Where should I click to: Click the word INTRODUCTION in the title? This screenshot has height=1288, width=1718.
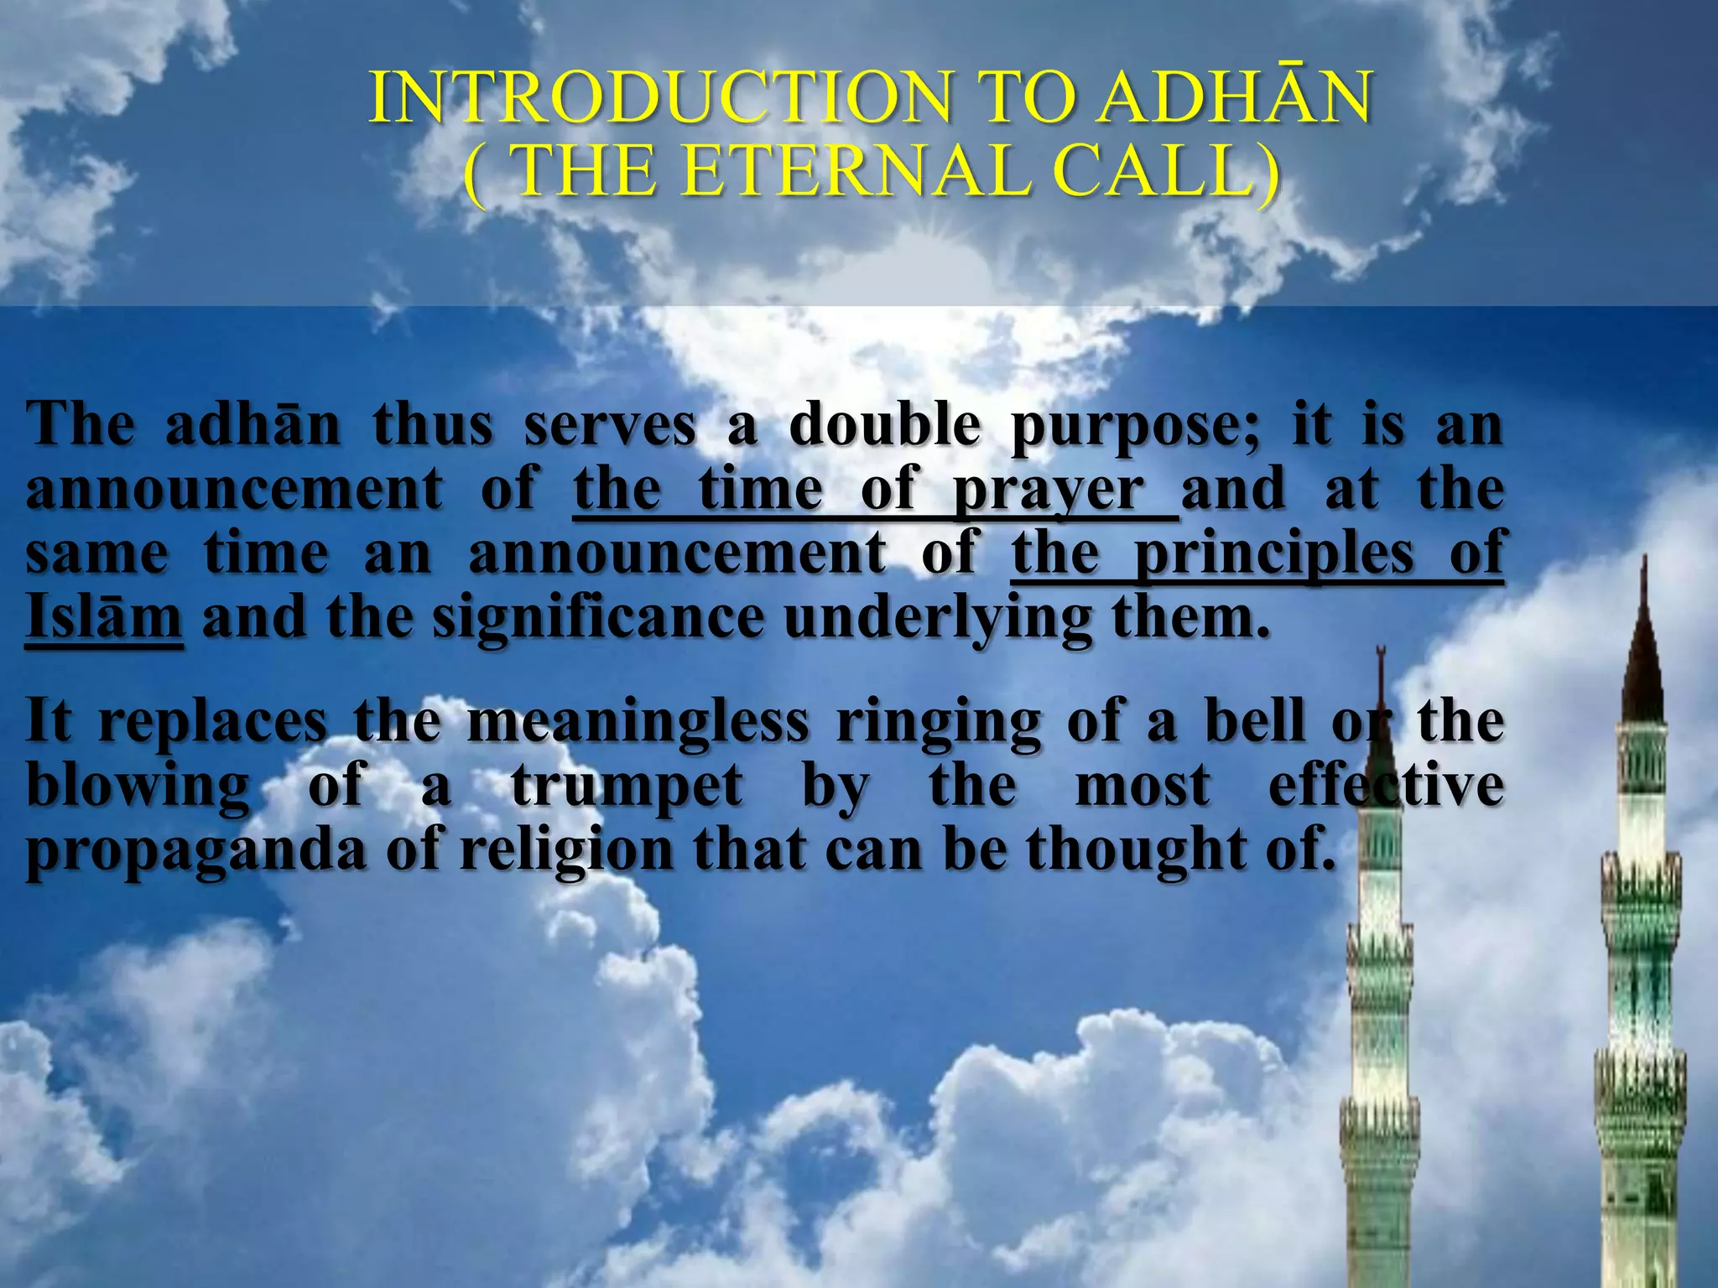click(x=659, y=98)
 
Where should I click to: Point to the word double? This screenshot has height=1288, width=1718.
click(x=884, y=424)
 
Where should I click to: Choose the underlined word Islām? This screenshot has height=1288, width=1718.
click(x=103, y=617)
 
